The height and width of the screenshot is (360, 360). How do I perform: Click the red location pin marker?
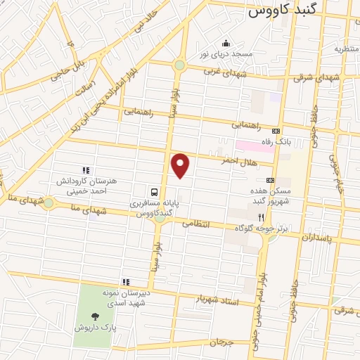pyautogui.click(x=181, y=165)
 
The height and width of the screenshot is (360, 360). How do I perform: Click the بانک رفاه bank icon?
pyautogui.click(x=276, y=131)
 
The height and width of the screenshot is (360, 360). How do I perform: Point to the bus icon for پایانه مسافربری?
pyautogui.click(x=153, y=191)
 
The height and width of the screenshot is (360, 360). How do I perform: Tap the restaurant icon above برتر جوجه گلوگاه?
pyautogui.click(x=261, y=218)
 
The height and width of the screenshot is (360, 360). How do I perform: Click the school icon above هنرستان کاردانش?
pyautogui.click(x=86, y=170)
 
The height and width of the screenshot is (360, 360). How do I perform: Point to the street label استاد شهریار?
pyautogui.click(x=219, y=301)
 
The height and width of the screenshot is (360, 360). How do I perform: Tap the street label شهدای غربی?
pyautogui.click(x=222, y=71)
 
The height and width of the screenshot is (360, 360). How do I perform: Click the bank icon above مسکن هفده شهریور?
pyautogui.click(x=270, y=180)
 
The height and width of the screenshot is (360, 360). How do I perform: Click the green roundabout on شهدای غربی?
pyautogui.click(x=179, y=65)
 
